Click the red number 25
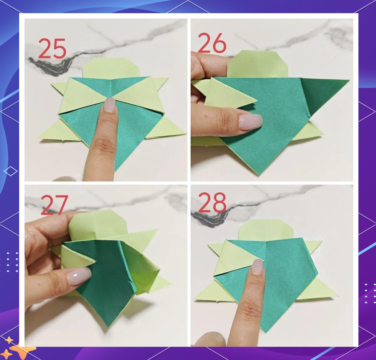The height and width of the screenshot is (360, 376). [x=52, y=48]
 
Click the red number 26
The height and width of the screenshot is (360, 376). [x=212, y=43]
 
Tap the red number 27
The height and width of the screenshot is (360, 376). [x=54, y=205]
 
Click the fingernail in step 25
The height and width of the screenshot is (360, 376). [x=110, y=105]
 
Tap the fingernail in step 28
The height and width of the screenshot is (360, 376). [x=258, y=267]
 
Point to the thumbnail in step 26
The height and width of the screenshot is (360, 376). [x=251, y=122]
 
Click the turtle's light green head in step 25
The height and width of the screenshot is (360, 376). [x=111, y=68]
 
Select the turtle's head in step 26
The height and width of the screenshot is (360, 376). [x=257, y=63]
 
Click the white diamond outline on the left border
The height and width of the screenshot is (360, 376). [x=11, y=171]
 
